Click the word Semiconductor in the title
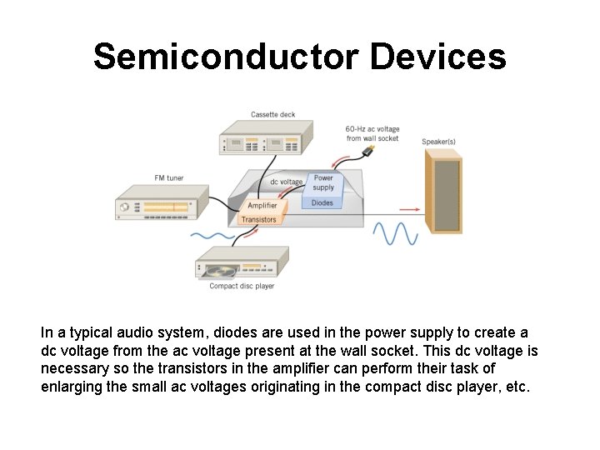(x=225, y=57)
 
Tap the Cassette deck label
(x=272, y=114)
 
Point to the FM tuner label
(x=168, y=177)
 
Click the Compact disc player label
(x=242, y=287)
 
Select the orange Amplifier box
(x=262, y=205)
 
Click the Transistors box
(x=258, y=220)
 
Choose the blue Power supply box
(x=323, y=182)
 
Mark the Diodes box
(x=322, y=202)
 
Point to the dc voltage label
(x=286, y=182)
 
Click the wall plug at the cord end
(x=368, y=151)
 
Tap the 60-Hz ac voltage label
(x=372, y=133)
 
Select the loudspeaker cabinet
(x=442, y=193)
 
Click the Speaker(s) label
(x=438, y=142)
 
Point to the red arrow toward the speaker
(x=408, y=208)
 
